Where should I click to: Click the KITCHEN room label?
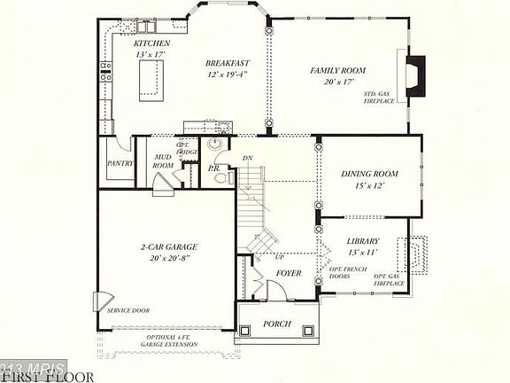click(x=151, y=43)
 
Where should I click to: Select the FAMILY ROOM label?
click(x=337, y=70)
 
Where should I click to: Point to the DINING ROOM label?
click(x=369, y=174)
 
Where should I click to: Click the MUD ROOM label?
click(x=163, y=160)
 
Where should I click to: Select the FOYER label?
click(x=290, y=273)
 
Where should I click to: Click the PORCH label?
click(x=277, y=324)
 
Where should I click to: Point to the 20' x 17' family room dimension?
click(x=337, y=82)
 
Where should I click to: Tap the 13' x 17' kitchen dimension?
click(x=151, y=54)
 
